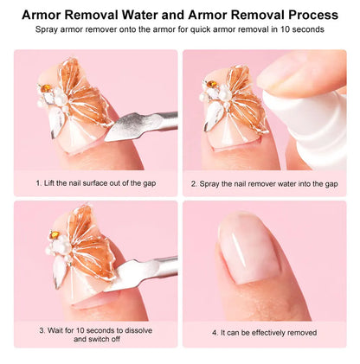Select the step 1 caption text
(94, 183)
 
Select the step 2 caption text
(264, 183)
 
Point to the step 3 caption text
(94, 333)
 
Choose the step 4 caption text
(264, 332)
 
